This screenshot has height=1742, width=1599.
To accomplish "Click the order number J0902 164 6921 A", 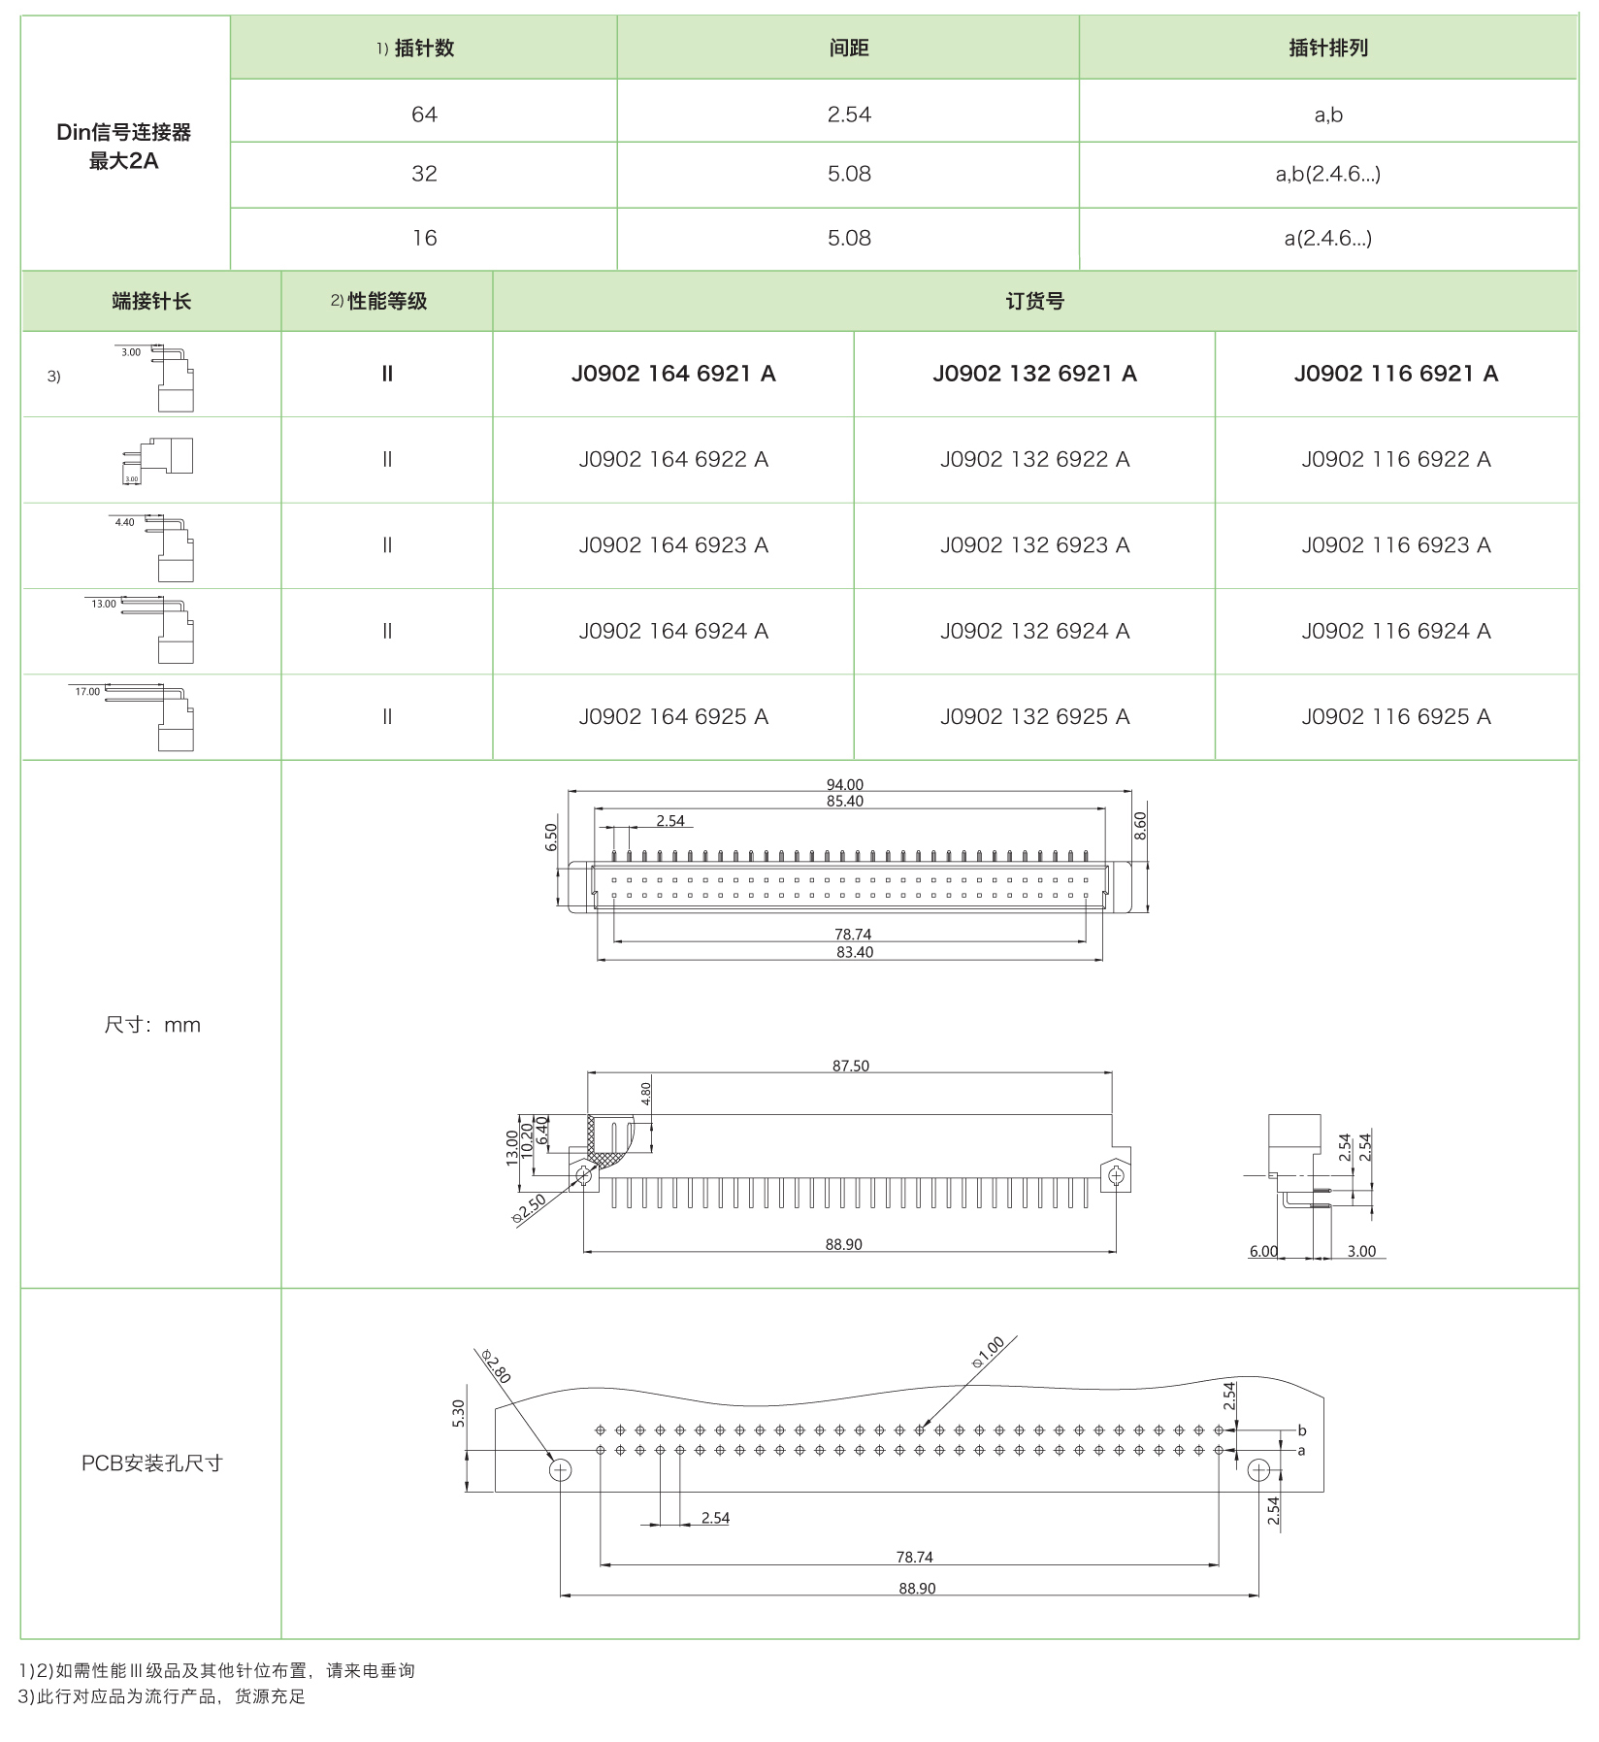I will tap(672, 374).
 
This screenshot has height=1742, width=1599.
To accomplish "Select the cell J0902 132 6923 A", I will tap(1034, 545).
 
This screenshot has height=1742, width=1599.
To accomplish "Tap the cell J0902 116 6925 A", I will tap(1395, 717).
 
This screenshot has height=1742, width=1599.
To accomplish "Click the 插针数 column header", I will tap(423, 48).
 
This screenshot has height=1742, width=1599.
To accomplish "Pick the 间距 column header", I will tap(848, 48).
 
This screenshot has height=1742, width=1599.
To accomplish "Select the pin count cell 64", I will tap(424, 115).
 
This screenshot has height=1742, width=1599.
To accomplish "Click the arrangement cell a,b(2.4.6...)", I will tap(1327, 175).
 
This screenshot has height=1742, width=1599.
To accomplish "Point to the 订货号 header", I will tap(1034, 302).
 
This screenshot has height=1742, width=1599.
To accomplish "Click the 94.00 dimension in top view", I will tap(844, 784).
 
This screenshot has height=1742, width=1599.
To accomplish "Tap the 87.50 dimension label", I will tap(850, 1066).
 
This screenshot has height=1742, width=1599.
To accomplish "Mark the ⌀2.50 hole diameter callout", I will tap(530, 1208).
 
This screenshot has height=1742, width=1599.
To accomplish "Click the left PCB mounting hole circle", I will tap(560, 1470).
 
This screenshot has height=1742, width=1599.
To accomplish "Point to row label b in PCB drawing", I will tap(1301, 1430).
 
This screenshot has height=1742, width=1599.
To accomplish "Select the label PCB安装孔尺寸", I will tap(151, 1463).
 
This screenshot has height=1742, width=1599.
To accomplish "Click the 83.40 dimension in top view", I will tap(854, 952).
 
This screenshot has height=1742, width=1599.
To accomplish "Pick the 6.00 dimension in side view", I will tap(1262, 1251).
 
